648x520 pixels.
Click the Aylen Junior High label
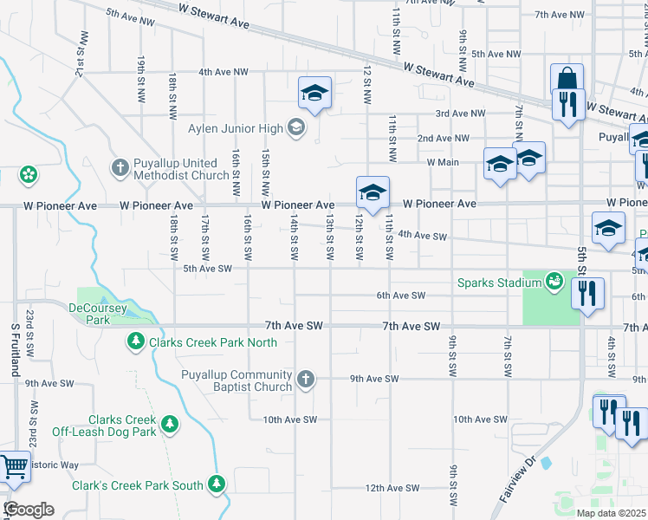coord(236,129)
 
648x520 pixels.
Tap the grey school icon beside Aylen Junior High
coord(296,129)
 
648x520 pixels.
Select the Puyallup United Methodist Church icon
coord(121,166)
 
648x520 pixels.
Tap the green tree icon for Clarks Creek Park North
coord(135,342)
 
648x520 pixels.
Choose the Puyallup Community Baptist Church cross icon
coord(304,379)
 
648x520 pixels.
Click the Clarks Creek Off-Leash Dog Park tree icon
coord(171,424)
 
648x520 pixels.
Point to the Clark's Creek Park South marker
coord(216,485)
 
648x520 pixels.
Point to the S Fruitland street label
coord(15,349)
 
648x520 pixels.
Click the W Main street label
coord(442,162)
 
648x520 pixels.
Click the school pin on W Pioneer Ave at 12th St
coord(373,192)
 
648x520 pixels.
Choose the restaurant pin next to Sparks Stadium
coord(587,295)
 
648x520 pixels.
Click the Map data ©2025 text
coord(611,513)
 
